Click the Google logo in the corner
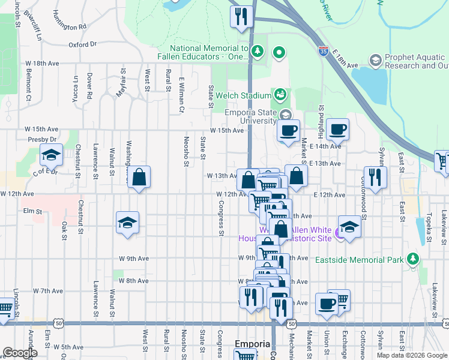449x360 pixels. coord(20,353)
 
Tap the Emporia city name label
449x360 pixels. coord(253,344)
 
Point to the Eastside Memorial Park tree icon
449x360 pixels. coord(412,259)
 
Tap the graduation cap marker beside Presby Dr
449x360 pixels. coord(52,156)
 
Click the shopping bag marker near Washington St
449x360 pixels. coord(139,178)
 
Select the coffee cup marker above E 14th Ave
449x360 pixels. coord(338,128)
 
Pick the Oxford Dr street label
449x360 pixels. coord(82,44)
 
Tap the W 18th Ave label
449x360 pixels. coord(41,63)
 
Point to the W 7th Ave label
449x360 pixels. coord(48,290)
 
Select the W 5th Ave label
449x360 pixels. coord(68,347)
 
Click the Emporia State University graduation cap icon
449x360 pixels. coord(286,114)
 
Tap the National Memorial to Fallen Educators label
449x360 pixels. coord(209,52)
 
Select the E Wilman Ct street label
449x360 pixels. coord(181,95)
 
